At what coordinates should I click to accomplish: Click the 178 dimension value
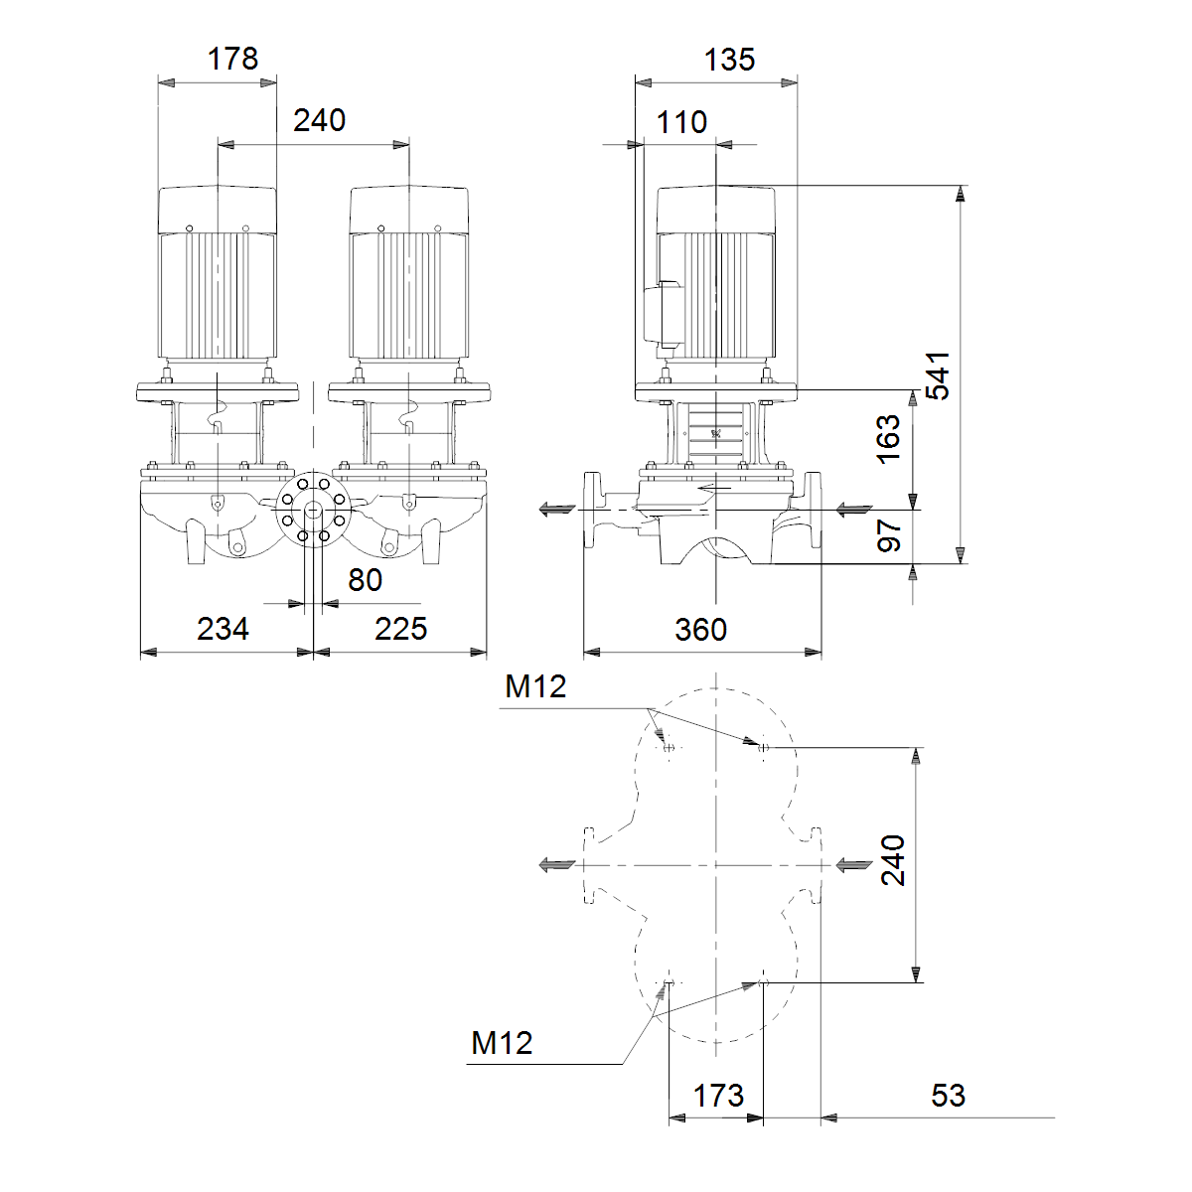pos(232,60)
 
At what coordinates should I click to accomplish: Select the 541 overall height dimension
pos(938,376)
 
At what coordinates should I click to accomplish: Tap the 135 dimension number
pos(729,61)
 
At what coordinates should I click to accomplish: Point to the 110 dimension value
pos(681,122)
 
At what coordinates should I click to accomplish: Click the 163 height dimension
pos(888,439)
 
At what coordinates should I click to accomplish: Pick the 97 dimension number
pos(889,535)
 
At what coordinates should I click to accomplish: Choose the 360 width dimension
pos(701,630)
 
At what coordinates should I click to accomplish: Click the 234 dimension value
pos(223,629)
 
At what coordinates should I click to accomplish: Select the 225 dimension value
pos(401,629)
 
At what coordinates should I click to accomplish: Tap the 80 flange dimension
pos(365,580)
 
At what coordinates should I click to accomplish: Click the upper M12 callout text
pos(535,686)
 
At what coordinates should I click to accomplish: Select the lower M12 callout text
pos(502,1043)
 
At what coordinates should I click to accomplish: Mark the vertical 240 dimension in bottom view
pos(893,860)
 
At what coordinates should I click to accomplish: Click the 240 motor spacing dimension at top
pos(319,120)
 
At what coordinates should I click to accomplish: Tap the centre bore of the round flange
pos(313,510)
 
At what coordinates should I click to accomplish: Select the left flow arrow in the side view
pos(557,510)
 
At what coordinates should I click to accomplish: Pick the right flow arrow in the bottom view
pos(854,865)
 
